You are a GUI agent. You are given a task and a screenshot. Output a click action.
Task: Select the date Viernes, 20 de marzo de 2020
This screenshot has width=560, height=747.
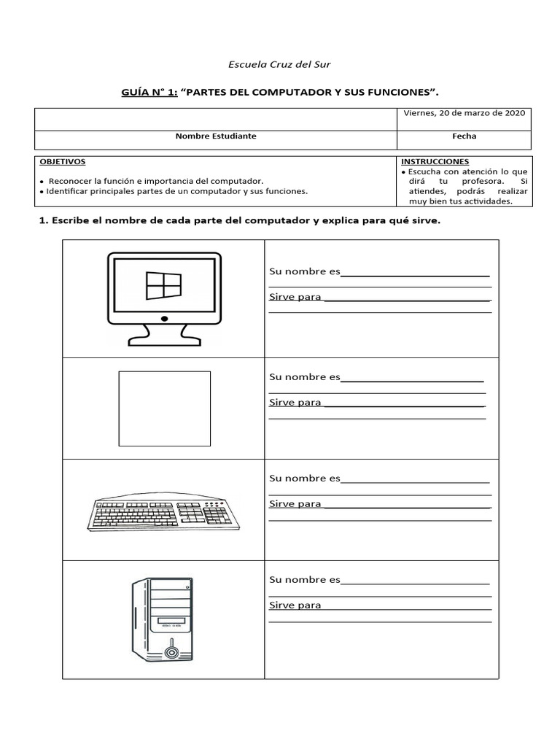[464, 113]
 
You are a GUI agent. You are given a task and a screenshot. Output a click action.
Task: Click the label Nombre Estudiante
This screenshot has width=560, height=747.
[216, 136]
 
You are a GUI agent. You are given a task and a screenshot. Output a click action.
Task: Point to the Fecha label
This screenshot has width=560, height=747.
[464, 136]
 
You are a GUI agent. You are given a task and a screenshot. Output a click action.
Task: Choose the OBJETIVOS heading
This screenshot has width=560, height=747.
[62, 161]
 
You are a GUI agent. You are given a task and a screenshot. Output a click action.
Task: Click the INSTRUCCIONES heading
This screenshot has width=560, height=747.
[435, 161]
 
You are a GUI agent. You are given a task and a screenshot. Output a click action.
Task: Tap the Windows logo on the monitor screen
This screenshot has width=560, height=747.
[163, 285]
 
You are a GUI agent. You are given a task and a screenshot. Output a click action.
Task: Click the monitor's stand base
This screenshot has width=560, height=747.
[164, 339]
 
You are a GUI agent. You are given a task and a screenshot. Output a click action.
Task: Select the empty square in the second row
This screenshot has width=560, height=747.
[164, 409]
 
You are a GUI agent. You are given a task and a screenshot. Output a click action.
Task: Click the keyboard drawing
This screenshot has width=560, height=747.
[167, 514]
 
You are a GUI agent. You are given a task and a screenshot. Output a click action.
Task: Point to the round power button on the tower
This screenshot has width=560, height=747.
[171, 651]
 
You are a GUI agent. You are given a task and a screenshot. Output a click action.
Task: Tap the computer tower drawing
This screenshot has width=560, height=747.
[163, 619]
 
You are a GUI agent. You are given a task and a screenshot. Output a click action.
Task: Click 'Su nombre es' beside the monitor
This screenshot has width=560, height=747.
[305, 271]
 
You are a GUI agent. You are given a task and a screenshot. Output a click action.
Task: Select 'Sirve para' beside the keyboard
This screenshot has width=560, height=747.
[295, 504]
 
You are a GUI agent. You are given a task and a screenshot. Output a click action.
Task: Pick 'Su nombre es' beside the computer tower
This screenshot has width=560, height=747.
[305, 580]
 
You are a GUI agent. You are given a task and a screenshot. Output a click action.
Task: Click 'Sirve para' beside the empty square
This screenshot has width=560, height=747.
[295, 403]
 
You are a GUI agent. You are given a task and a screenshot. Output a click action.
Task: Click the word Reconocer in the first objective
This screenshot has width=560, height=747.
[71, 180]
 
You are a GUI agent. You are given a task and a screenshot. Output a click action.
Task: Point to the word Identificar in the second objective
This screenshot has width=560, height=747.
[71, 191]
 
